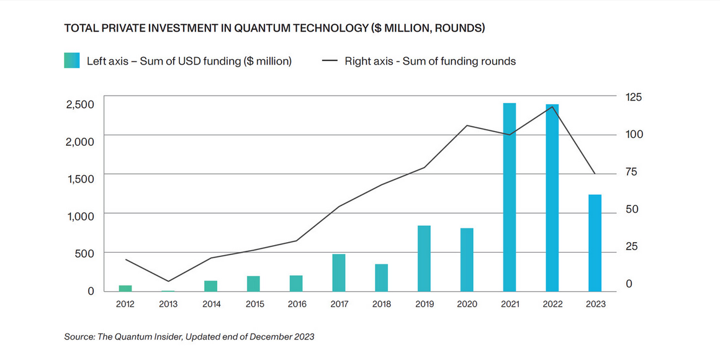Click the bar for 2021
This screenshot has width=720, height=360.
pyautogui.click(x=510, y=197)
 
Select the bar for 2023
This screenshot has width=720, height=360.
pyautogui.click(x=595, y=243)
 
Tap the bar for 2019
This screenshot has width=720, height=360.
pyautogui.click(x=424, y=258)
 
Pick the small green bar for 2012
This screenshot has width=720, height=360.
pyautogui.click(x=125, y=288)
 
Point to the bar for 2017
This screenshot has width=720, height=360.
pyautogui.click(x=339, y=272)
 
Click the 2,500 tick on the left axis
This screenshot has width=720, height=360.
pyautogui.click(x=79, y=104)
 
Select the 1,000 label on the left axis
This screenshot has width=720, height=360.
pyautogui.click(x=79, y=216)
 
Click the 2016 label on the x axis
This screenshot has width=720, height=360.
pyautogui.click(x=296, y=304)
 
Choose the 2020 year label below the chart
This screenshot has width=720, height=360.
pyautogui.click(x=467, y=304)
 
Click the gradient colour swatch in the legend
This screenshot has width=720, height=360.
pyautogui.click(x=73, y=61)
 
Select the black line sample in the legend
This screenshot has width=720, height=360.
pyautogui.click(x=330, y=61)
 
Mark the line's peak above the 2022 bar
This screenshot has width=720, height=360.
pyautogui.click(x=552, y=107)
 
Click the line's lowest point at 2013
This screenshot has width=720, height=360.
pyautogui.click(x=168, y=281)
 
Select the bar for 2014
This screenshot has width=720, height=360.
pyautogui.click(x=211, y=286)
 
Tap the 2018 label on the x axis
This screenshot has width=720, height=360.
pyautogui.click(x=381, y=304)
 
